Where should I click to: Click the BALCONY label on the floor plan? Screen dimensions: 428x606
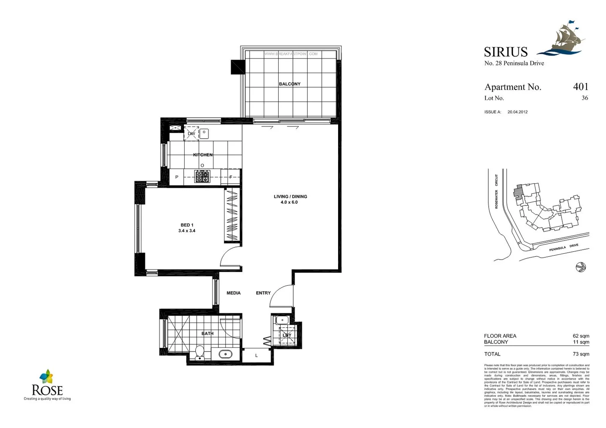pyautogui.click(x=289, y=84)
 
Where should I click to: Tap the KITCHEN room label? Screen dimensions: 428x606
pyautogui.click(x=203, y=155)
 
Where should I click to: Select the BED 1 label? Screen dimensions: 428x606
pyautogui.click(x=187, y=225)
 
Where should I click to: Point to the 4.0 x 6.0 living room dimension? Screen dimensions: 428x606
pyautogui.click(x=289, y=203)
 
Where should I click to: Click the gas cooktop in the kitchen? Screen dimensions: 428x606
pyautogui.click(x=202, y=176)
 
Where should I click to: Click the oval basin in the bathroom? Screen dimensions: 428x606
pyautogui.click(x=226, y=354)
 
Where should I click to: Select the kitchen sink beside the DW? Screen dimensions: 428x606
pyautogui.click(x=204, y=134)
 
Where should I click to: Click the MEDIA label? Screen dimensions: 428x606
pyautogui.click(x=233, y=293)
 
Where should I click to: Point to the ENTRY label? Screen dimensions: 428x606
pyautogui.click(x=263, y=293)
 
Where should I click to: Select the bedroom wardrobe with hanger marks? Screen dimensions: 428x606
pyautogui.click(x=233, y=214)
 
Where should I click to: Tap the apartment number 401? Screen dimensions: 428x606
pyautogui.click(x=581, y=87)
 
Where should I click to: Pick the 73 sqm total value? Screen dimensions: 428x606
pyautogui.click(x=581, y=354)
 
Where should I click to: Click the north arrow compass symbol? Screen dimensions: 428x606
pyautogui.click(x=580, y=267)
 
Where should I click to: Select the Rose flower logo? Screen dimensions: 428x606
pyautogui.click(x=46, y=376)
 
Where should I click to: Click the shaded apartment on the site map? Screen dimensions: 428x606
pyautogui.click(x=518, y=191)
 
